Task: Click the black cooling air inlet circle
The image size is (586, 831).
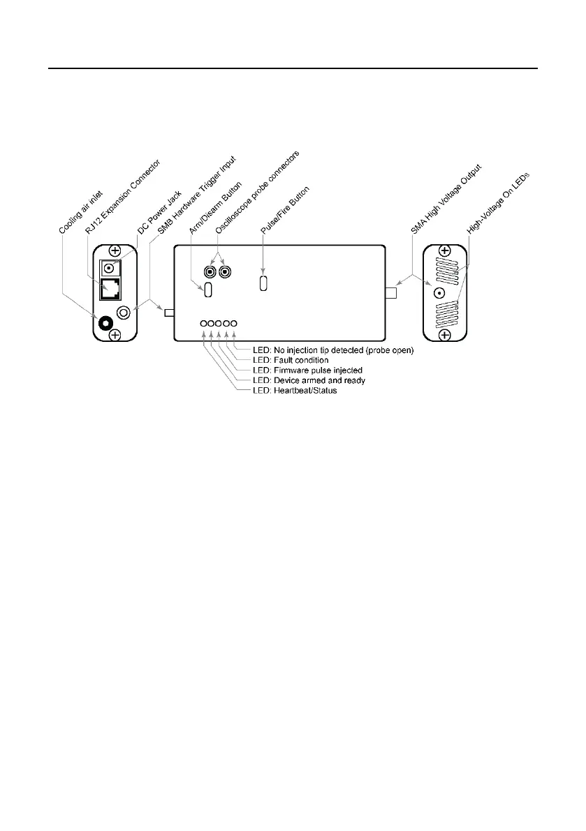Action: tap(106, 323)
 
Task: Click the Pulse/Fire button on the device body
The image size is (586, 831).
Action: tap(263, 284)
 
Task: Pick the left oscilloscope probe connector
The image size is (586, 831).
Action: tap(209, 271)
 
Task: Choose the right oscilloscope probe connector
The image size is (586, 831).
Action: tap(224, 271)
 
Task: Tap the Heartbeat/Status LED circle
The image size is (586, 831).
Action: tap(203, 324)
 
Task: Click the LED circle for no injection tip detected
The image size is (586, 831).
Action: tap(234, 324)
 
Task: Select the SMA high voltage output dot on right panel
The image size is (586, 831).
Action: tap(440, 294)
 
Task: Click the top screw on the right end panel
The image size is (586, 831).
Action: tap(444, 251)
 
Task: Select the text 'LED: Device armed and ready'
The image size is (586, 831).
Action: tap(308, 380)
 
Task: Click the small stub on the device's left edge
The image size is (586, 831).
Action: tap(168, 313)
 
